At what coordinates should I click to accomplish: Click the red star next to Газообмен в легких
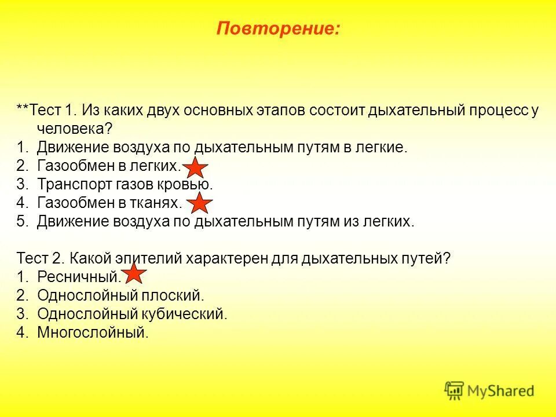[196, 167]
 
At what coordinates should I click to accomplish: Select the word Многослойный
[92, 332]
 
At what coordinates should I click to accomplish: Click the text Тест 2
[39, 258]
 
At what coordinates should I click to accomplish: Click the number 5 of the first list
[21, 222]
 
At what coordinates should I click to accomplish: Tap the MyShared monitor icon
[455, 391]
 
